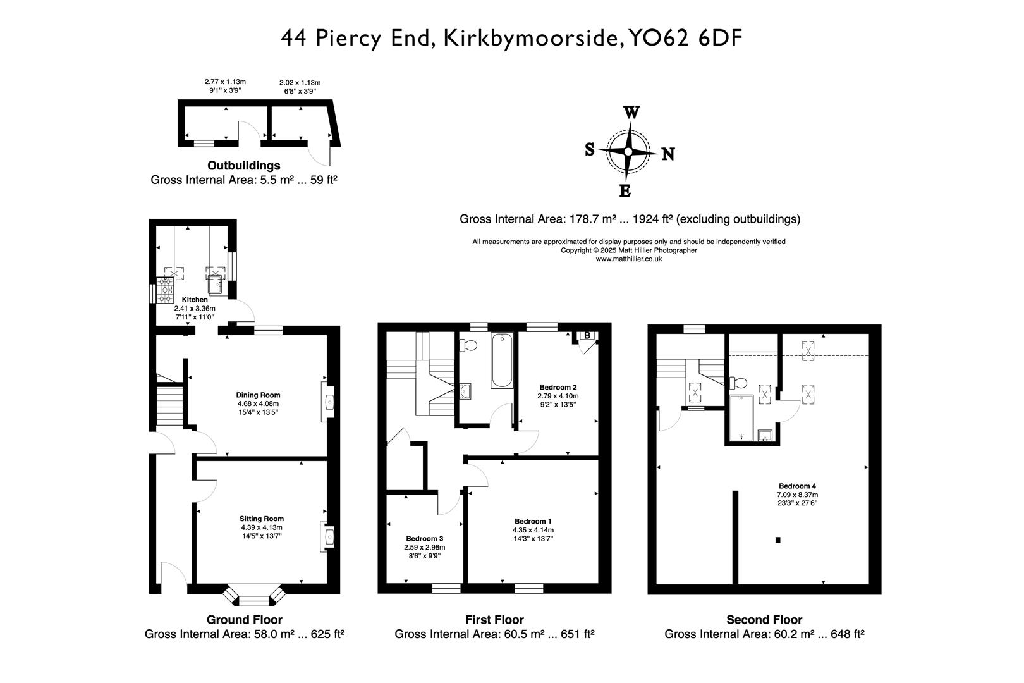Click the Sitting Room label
point(261,519)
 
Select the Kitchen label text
point(195,300)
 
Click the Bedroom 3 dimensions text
point(424,551)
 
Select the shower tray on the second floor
point(742,417)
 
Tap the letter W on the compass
point(631,113)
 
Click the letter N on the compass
point(667,154)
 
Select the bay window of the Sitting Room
point(255,596)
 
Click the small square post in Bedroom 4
point(777,539)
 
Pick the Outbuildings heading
point(244,166)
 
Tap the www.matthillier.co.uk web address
point(629,259)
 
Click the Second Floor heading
point(764,620)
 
